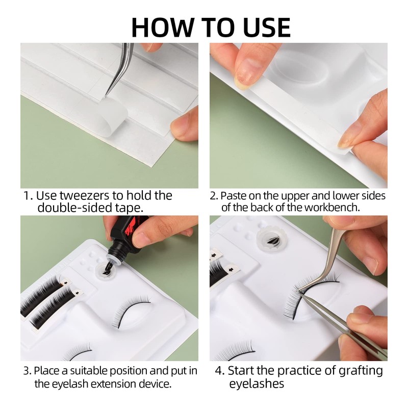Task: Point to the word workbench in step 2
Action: coord(332,208)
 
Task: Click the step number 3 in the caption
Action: coord(27,371)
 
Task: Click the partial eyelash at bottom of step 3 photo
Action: coord(78,352)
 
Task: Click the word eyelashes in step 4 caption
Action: coord(257,384)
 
